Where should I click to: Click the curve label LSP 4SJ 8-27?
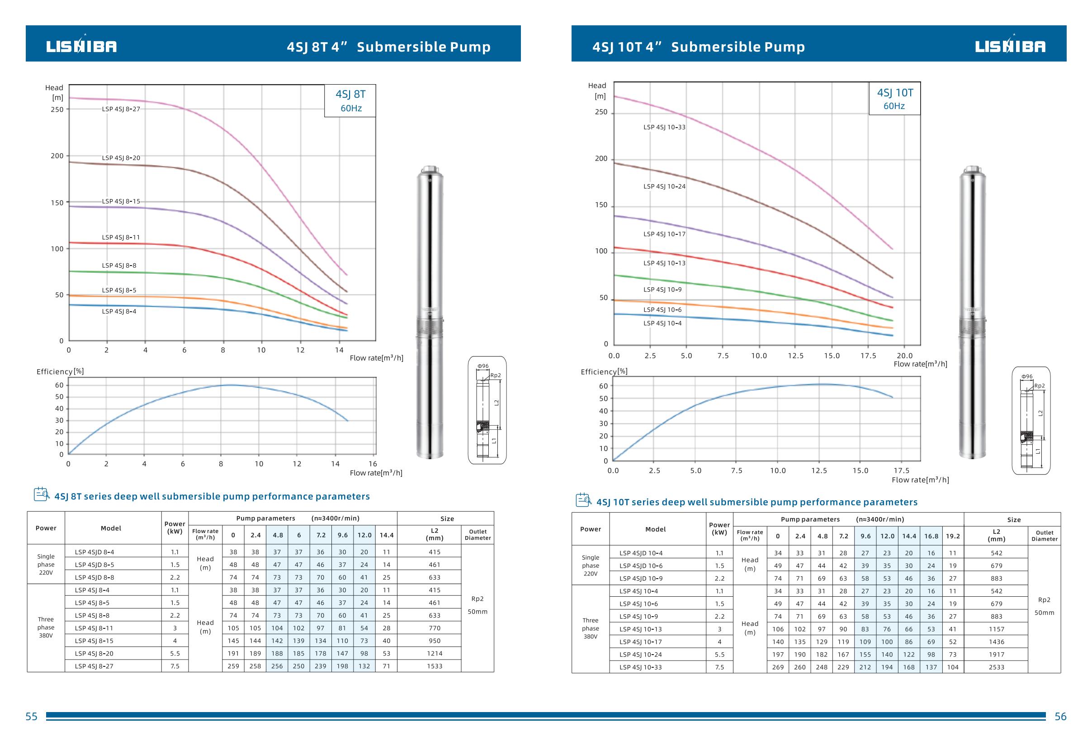click(121, 109)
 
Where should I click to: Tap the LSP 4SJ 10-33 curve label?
click(664, 128)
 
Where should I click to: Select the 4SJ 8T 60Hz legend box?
click(350, 100)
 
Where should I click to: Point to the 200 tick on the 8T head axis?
click(57, 156)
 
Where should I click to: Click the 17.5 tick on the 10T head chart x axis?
click(868, 356)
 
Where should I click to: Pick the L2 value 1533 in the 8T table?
click(434, 666)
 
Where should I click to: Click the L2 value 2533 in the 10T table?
click(996, 667)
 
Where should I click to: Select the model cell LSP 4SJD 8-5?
click(94, 565)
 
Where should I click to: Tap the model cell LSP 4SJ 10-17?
click(640, 641)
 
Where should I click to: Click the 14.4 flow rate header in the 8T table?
click(386, 535)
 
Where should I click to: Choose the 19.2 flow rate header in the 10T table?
click(952, 536)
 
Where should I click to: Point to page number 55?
click(32, 717)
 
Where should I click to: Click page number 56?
click(1060, 717)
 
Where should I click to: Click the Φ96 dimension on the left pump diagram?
click(483, 366)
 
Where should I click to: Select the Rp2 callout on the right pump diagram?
click(1040, 386)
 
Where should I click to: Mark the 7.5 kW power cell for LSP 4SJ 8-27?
click(175, 666)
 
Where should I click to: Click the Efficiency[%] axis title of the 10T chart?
click(604, 372)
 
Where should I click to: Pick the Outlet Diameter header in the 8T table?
click(477, 535)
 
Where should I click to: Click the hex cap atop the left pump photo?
click(430, 169)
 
